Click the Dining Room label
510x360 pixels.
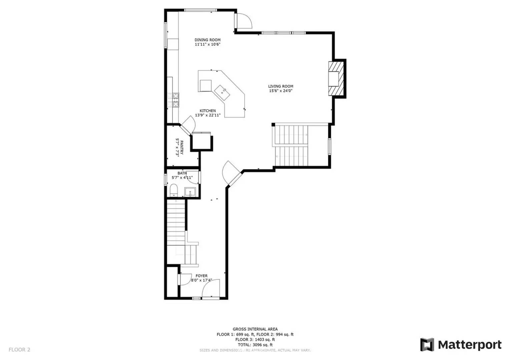[207, 40]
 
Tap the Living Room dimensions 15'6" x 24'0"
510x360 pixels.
[281, 91]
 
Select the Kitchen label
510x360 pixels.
[207, 111]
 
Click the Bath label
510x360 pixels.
[182, 173]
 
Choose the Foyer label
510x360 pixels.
[201, 276]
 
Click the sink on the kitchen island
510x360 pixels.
[222, 91]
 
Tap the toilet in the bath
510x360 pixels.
[173, 191]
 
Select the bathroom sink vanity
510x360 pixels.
[190, 192]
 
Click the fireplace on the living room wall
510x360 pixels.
[336, 79]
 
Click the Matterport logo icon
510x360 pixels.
[427, 345]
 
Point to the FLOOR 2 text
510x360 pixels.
[19, 350]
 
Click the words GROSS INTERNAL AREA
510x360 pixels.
[255, 329]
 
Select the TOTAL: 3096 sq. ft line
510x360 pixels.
[255, 345]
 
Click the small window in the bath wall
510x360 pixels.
[165, 179]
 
